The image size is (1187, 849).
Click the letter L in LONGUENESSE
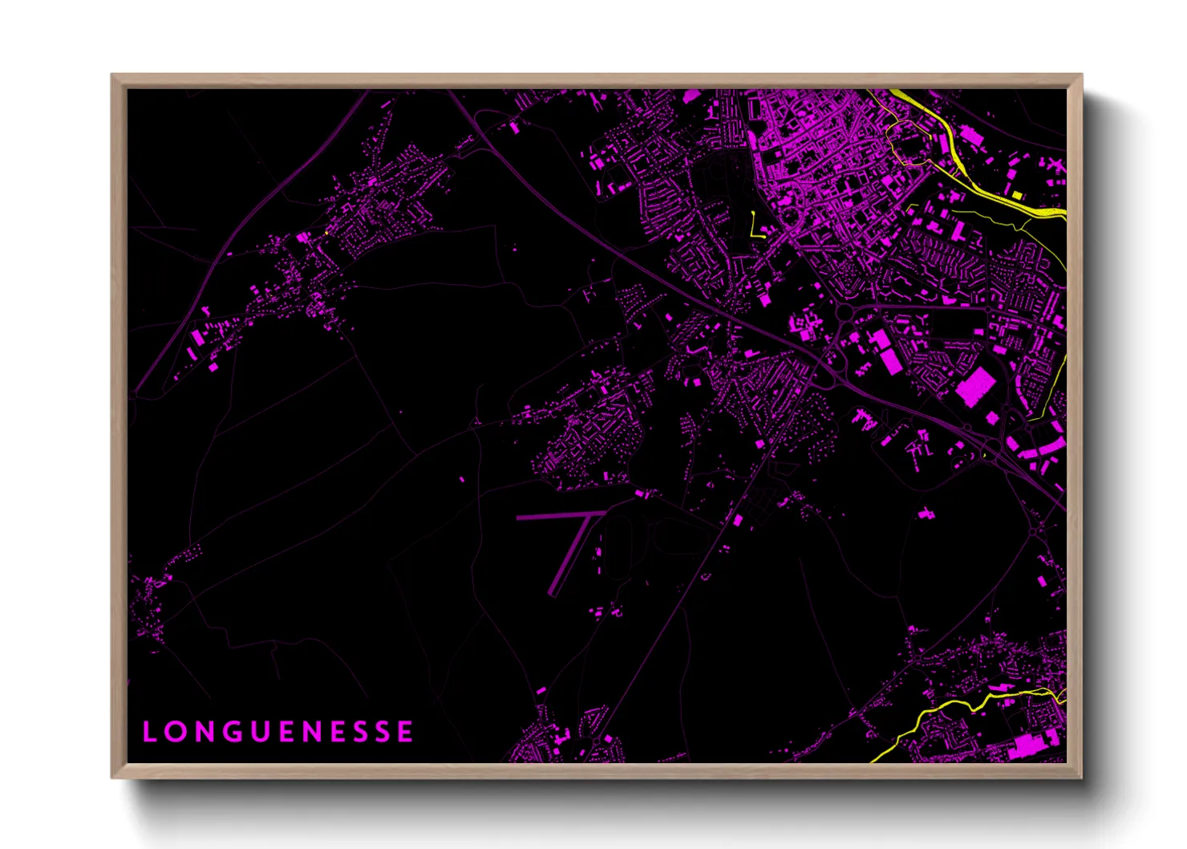149,732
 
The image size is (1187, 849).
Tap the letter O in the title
175,732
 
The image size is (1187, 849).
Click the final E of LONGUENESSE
405,732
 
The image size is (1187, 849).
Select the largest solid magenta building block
974,387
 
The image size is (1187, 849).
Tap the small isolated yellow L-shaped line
755,226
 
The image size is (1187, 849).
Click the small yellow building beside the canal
1017,195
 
